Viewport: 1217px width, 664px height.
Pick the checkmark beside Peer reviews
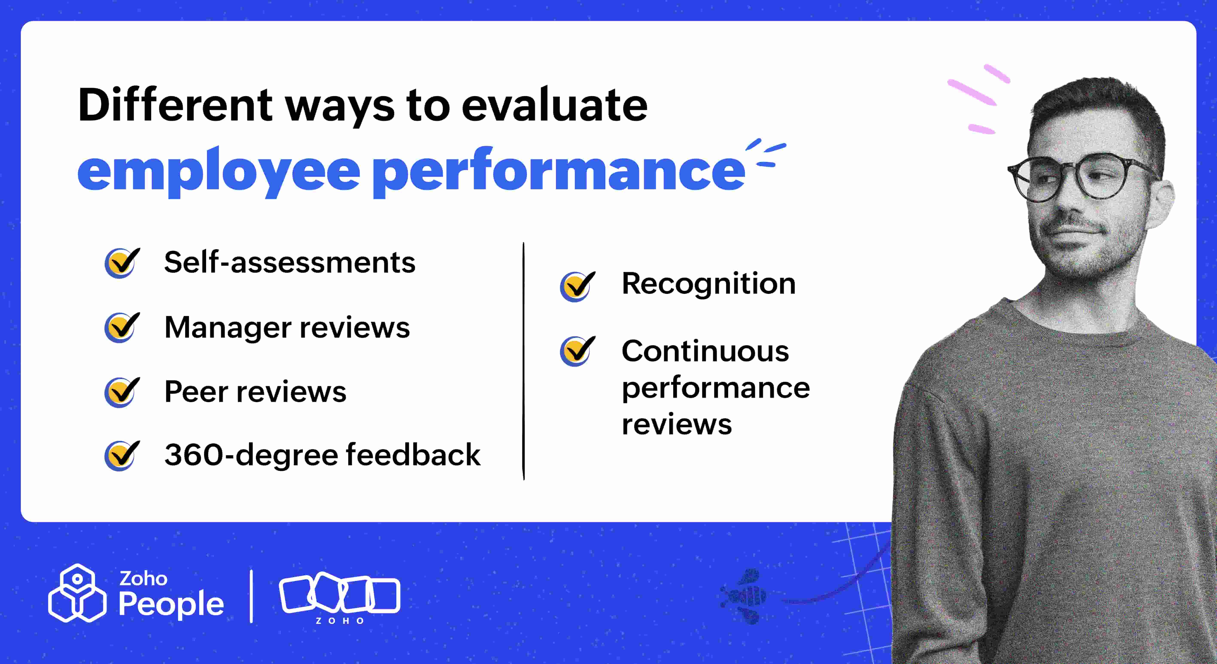[122, 392]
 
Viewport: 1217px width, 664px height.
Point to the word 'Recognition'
[708, 284]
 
